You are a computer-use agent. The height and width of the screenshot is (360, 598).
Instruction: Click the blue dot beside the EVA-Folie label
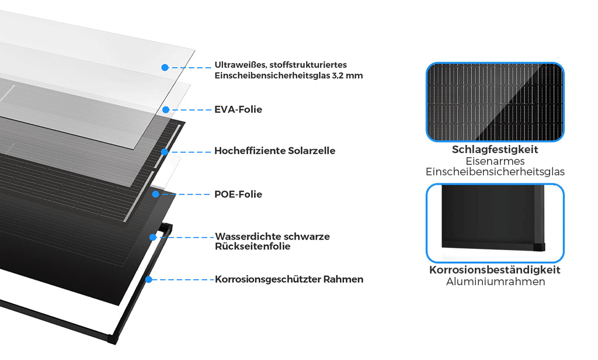(166, 109)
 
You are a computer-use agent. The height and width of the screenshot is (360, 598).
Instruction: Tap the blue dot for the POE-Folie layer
(155, 194)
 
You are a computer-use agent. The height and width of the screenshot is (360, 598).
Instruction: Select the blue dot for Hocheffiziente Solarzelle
(165, 151)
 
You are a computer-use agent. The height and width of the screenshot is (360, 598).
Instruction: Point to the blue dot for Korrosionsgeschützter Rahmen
(148, 279)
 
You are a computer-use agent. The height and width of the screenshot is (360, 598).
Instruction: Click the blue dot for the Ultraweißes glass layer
(165, 68)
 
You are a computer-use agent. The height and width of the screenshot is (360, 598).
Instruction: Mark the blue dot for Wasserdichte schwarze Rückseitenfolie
(152, 237)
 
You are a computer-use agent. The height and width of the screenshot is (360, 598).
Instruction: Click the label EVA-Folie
(238, 109)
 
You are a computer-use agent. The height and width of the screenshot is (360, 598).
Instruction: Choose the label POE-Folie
(238, 194)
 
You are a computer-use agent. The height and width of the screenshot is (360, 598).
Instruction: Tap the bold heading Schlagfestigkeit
(495, 150)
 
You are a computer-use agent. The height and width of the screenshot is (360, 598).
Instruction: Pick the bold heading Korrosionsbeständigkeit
(495, 270)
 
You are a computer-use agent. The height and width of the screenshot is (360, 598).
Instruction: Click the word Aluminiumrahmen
(495, 282)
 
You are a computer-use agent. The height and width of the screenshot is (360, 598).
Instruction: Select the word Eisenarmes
(495, 161)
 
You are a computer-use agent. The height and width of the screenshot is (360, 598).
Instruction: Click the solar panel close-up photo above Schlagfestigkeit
(495, 102)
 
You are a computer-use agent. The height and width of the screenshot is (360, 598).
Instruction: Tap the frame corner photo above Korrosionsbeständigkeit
(495, 223)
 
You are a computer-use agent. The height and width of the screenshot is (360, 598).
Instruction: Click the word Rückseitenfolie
(252, 247)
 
